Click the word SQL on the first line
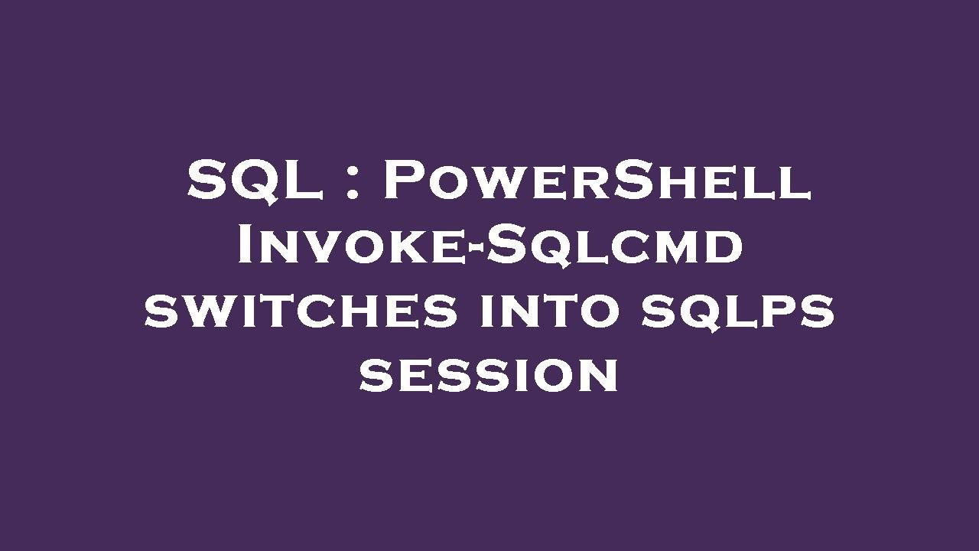(x=255, y=182)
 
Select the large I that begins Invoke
(x=248, y=246)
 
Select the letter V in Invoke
(x=329, y=248)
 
